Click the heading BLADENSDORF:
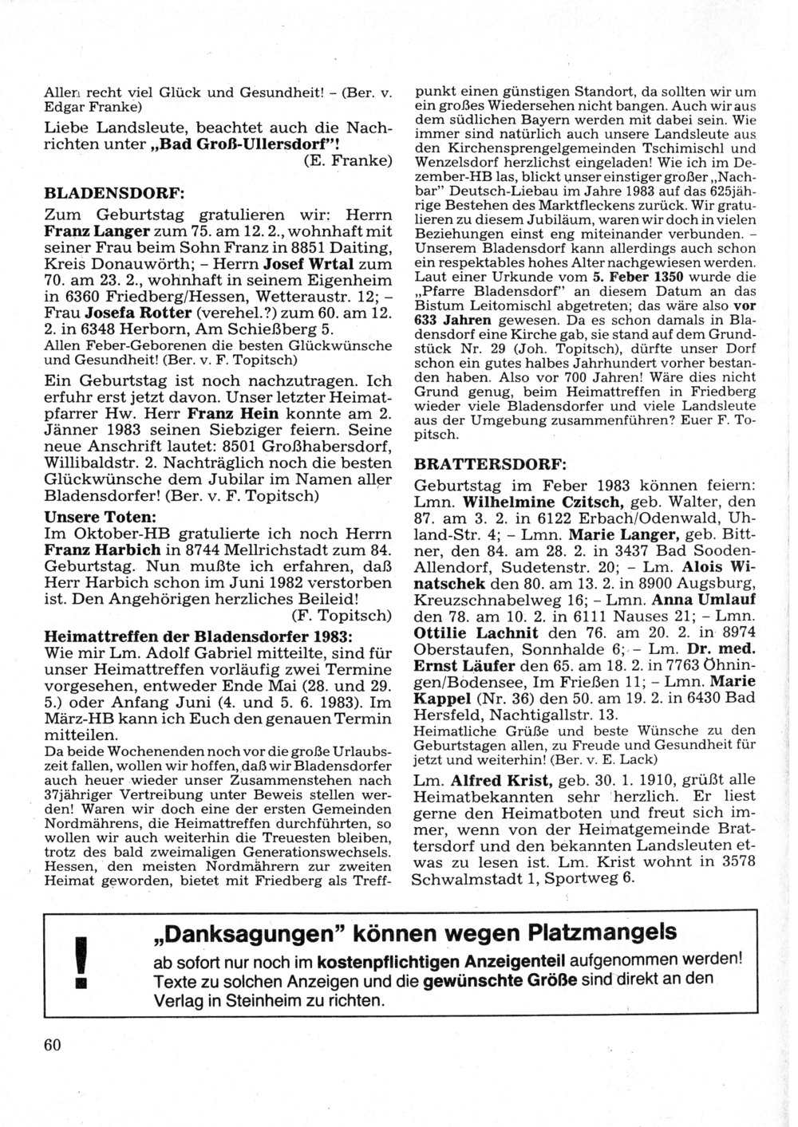(x=114, y=193)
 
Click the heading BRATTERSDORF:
(x=491, y=463)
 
